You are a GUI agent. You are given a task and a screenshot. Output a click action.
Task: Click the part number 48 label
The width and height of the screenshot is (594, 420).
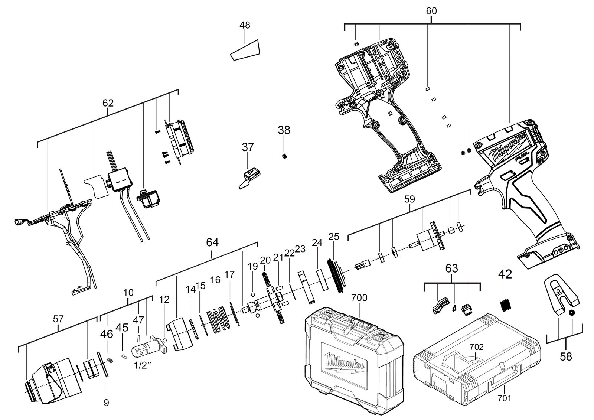[245, 25]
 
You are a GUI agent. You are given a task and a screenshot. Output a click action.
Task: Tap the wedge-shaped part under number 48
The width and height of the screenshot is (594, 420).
[245, 51]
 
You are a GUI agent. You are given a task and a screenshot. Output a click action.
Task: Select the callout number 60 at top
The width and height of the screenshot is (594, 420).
[431, 11]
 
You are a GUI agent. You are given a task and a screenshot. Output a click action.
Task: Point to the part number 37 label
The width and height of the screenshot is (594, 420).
[248, 147]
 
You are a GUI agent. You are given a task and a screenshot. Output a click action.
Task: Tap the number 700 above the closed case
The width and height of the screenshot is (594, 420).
[359, 298]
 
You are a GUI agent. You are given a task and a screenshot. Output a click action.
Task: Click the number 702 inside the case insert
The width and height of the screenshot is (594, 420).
[477, 347]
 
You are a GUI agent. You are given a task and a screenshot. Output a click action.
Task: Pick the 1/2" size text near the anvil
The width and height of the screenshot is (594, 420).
[143, 365]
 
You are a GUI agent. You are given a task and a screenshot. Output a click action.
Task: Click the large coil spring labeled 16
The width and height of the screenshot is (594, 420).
[219, 318]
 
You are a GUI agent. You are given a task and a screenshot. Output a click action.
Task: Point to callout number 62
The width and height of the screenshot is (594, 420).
[108, 103]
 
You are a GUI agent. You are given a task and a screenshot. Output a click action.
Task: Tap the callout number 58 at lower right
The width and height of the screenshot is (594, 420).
[566, 356]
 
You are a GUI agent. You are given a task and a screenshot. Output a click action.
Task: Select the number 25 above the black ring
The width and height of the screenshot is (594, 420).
[334, 237]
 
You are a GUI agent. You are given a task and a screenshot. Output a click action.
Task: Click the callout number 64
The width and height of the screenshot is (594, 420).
[212, 242]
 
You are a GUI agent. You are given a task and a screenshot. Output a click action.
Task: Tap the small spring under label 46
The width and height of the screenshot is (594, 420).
[109, 360]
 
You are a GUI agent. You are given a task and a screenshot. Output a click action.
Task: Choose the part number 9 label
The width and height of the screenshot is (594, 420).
[106, 403]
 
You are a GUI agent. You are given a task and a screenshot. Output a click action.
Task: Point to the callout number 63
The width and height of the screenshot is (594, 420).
[451, 268]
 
